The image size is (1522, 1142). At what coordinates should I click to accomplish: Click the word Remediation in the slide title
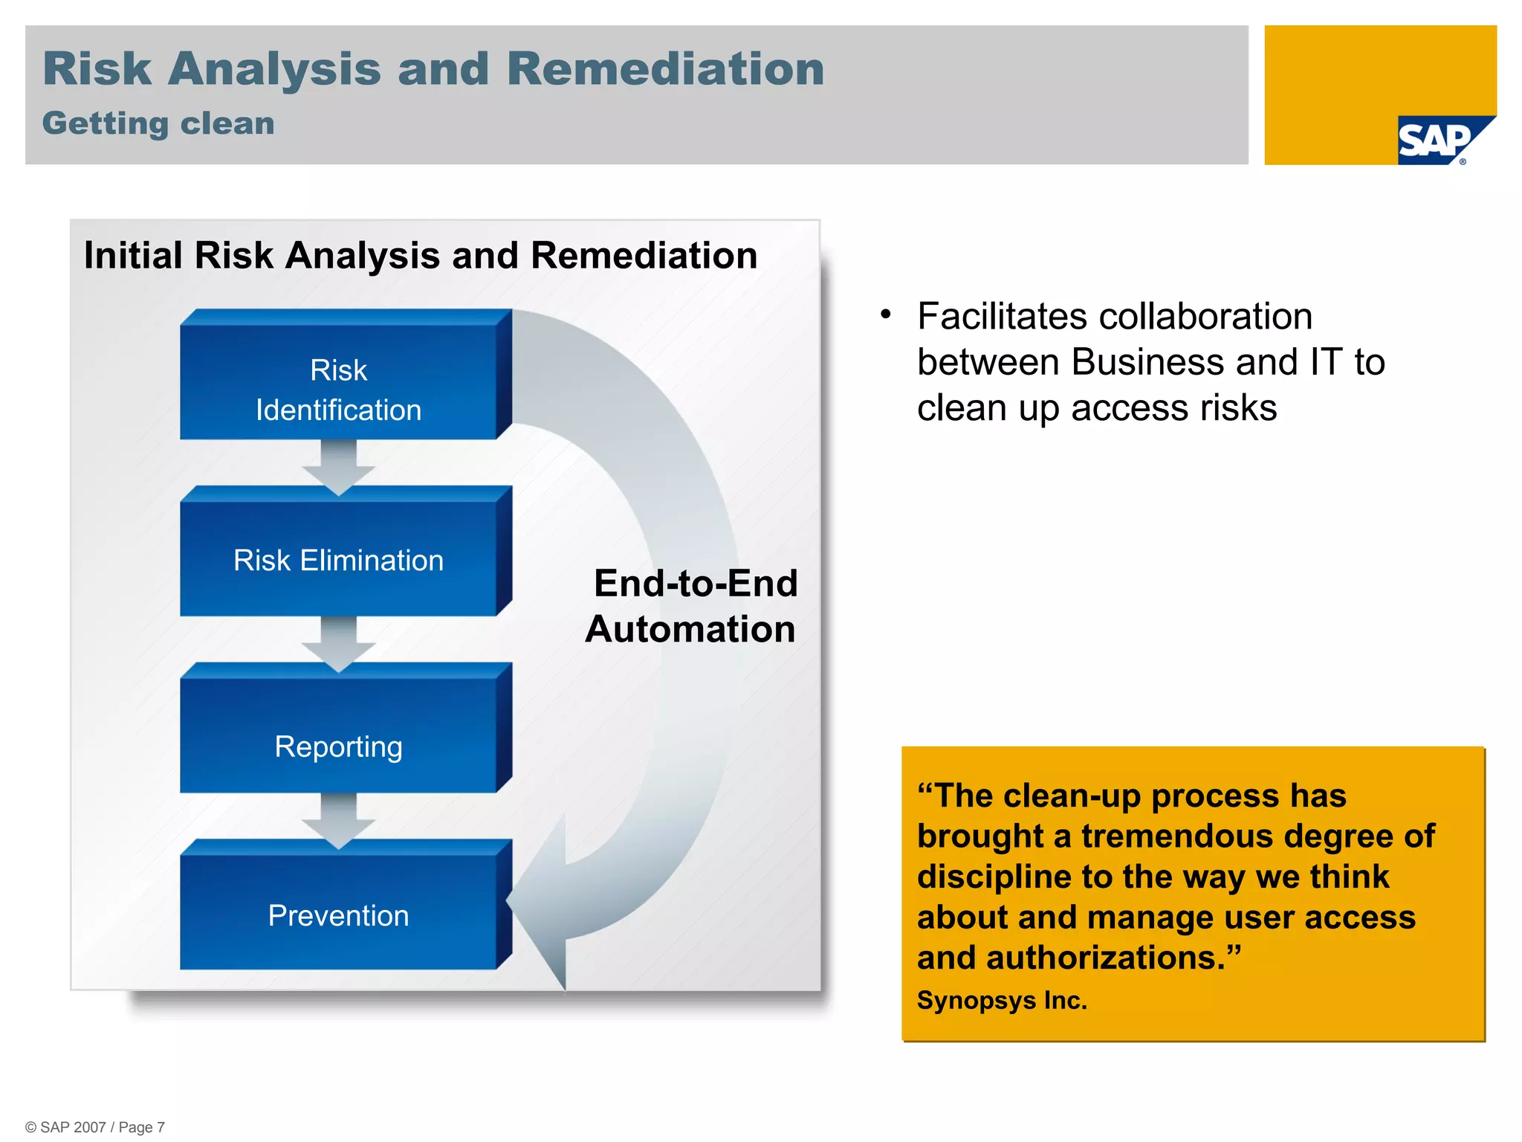(x=665, y=68)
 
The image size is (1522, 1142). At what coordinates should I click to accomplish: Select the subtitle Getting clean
(x=158, y=123)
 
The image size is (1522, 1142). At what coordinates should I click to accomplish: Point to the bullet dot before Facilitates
(x=885, y=314)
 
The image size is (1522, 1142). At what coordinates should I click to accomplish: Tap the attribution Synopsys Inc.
(x=1001, y=1000)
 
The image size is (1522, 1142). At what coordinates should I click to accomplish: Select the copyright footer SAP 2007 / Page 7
(x=95, y=1127)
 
